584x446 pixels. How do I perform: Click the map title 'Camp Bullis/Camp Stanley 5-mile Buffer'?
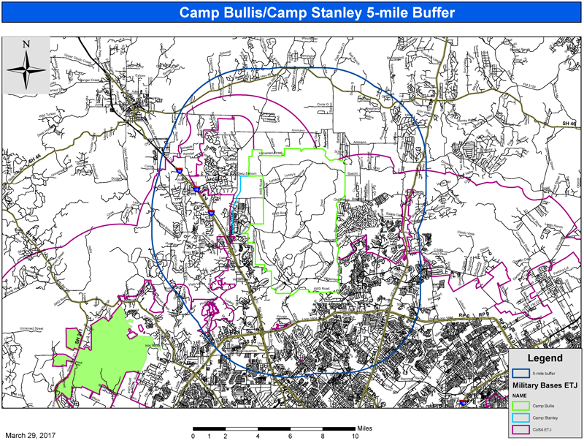291,13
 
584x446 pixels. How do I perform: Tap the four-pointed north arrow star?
26,70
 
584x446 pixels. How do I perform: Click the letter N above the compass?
26,45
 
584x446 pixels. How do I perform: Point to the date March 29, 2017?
31,434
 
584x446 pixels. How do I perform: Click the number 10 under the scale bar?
355,436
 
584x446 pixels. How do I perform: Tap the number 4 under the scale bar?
258,436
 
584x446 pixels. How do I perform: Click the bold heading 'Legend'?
545,358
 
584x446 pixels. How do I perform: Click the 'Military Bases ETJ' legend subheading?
544,385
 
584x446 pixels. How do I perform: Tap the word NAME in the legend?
520,395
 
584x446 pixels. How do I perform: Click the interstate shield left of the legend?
464,401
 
